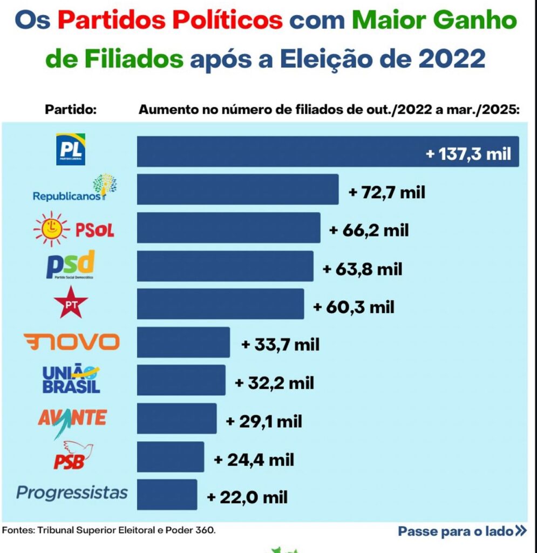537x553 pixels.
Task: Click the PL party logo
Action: point(71,150)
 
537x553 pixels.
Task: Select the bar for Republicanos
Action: point(237,189)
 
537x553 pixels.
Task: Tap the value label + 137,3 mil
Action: point(468,153)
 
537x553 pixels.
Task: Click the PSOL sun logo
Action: point(51,229)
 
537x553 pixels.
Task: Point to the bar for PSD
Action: point(225,266)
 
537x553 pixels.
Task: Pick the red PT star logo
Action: point(71,304)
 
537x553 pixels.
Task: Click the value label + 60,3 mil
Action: point(354,307)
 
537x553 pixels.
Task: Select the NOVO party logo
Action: point(72,342)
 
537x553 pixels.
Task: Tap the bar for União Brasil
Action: point(181,380)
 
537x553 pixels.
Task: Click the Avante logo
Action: point(72,419)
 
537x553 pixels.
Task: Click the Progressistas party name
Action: point(72,493)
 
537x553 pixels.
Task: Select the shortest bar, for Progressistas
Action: point(167,494)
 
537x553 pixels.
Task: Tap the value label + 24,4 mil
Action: point(254,460)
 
